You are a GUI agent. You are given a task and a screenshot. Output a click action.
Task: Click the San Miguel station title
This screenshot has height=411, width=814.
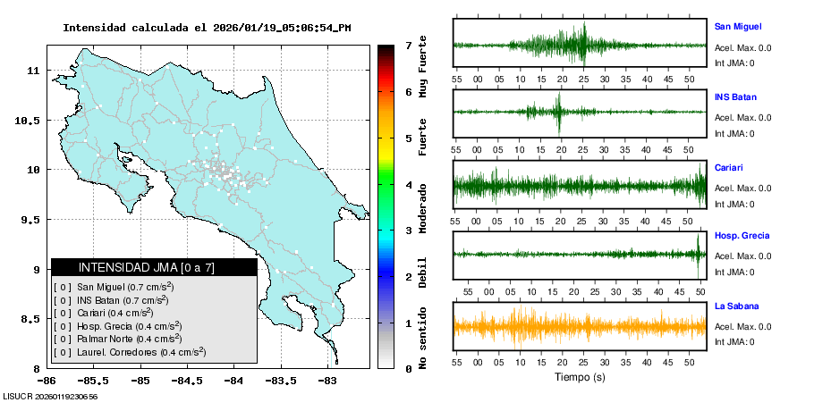coord(737,27)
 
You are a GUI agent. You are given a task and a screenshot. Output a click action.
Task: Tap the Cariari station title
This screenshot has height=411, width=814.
coord(728,167)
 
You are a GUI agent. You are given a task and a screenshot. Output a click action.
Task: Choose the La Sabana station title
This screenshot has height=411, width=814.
coord(735,306)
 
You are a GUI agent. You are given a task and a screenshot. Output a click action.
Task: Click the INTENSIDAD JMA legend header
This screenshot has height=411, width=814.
coord(154,267)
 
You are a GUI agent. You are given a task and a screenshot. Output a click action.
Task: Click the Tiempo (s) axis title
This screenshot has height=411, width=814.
coord(580,377)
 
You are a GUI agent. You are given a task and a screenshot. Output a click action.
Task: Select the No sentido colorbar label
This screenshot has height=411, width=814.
coord(422,340)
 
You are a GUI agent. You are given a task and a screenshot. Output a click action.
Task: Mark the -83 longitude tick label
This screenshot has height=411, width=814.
coord(327,381)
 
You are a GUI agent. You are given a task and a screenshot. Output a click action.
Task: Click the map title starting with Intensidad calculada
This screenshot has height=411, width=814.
coord(207,28)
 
